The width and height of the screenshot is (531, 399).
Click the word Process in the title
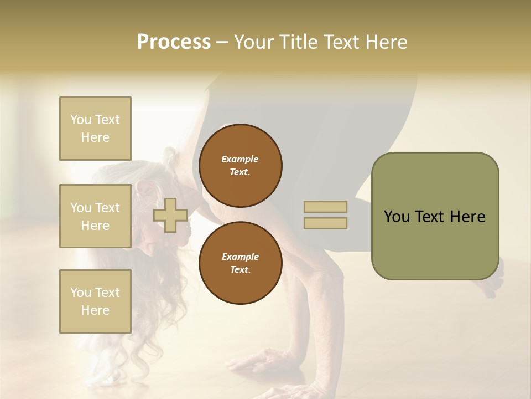(174, 42)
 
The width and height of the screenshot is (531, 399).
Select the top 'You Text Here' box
(95, 129)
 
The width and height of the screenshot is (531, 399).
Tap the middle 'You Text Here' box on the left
(95, 216)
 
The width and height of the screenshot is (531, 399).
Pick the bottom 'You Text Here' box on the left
(95, 301)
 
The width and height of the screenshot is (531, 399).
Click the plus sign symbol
(170, 215)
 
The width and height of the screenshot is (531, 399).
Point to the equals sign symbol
(325, 215)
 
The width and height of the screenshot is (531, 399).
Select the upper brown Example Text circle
(240, 166)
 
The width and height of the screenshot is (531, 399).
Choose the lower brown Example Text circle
(240, 263)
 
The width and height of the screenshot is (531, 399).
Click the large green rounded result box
(435, 216)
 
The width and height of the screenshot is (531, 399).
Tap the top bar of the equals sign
(325, 207)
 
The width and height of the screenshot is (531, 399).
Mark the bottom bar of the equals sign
(325, 223)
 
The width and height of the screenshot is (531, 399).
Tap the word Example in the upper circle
(240, 159)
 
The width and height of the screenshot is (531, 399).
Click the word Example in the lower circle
(240, 257)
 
